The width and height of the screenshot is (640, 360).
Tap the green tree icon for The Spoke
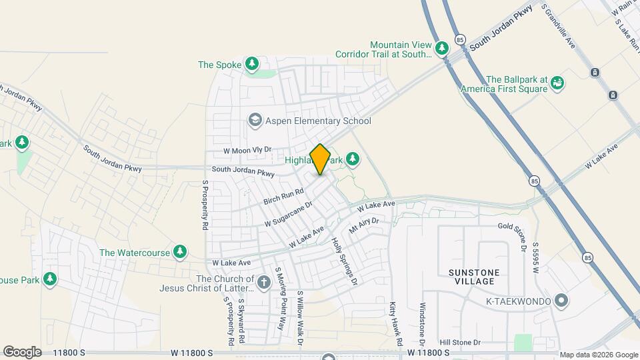pos(252,64)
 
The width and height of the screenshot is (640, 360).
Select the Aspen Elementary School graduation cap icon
pos(254,120)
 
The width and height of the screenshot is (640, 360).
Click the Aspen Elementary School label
pos(318,121)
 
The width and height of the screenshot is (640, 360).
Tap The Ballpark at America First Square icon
pos(557,83)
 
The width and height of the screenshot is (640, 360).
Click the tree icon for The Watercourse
pos(179,252)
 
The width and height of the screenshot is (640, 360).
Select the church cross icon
pos(264,283)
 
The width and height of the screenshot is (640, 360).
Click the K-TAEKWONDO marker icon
pos(561,301)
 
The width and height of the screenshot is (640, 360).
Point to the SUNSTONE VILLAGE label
pos(471,277)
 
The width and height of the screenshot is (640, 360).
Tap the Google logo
pos(22,351)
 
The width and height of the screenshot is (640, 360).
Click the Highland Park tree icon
pos(353,159)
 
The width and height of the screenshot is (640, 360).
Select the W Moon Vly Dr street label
pos(248,151)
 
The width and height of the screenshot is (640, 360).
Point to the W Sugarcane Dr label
pos(288,214)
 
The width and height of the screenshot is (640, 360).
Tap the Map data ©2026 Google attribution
pos(598,355)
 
